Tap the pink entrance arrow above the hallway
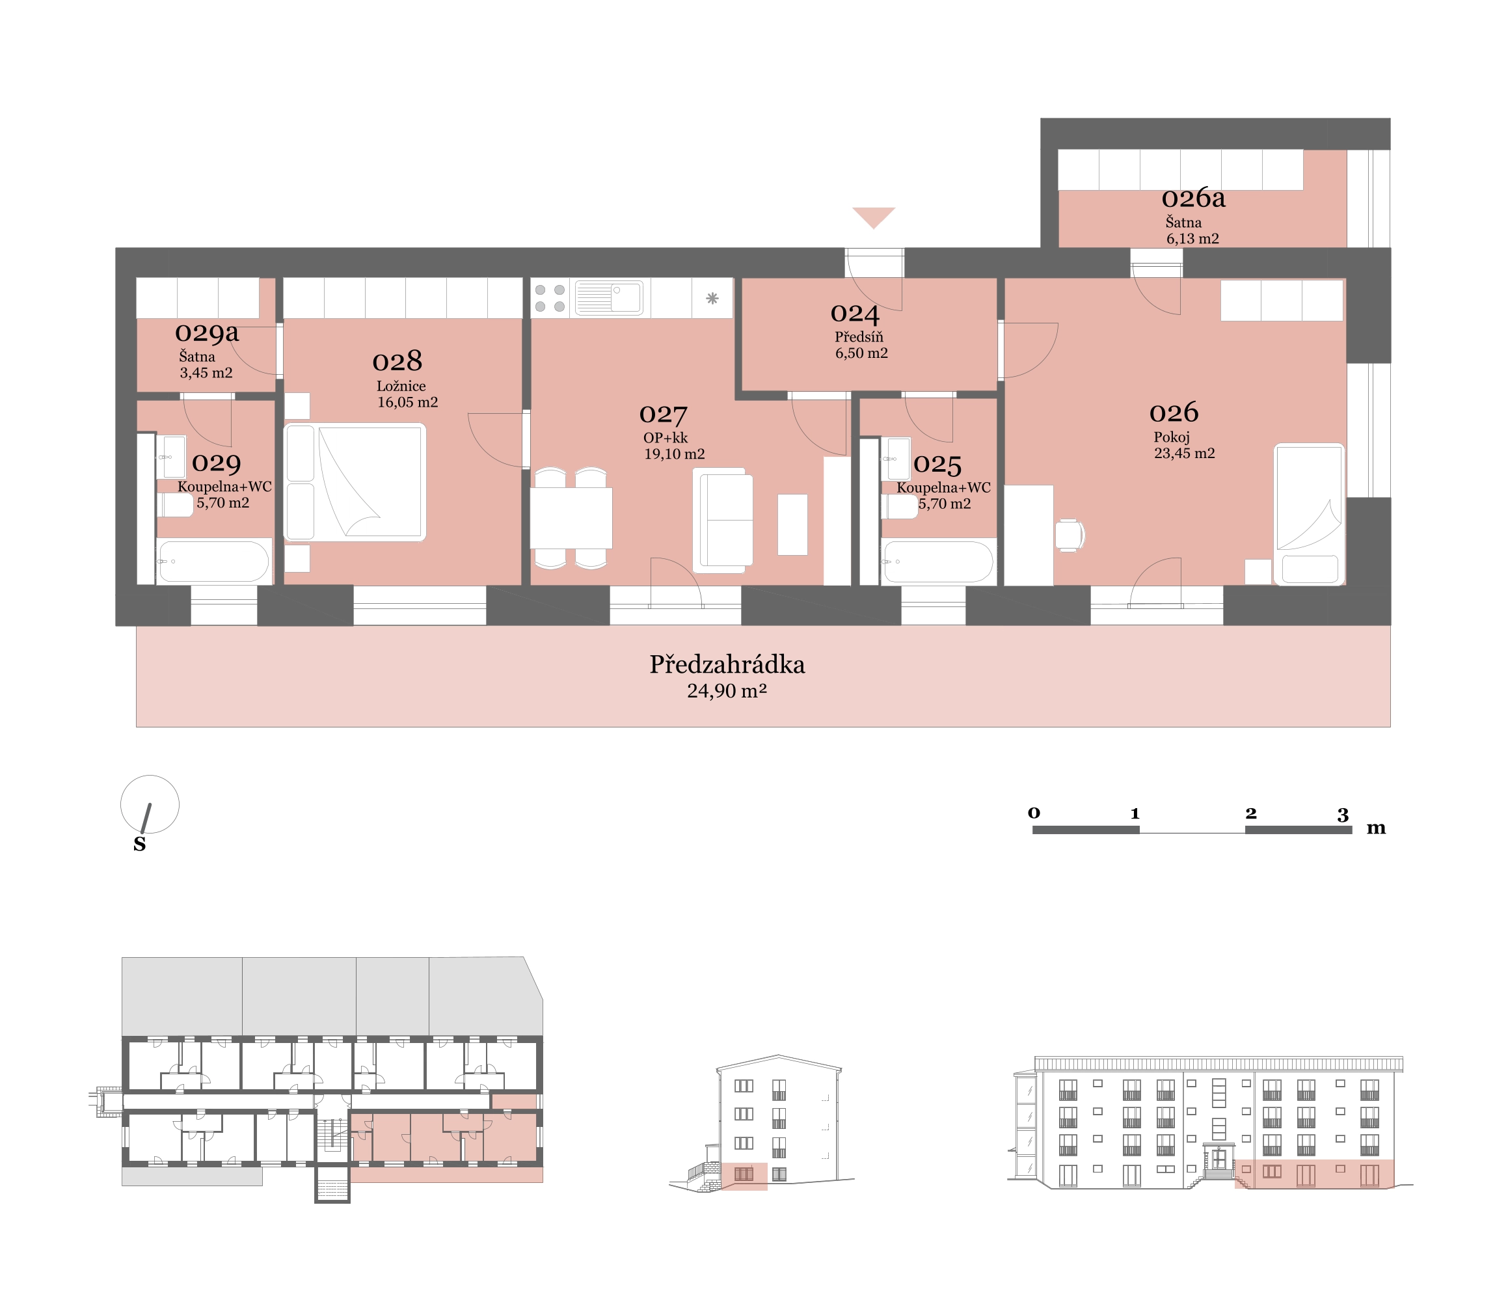point(873,217)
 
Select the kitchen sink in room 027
point(608,297)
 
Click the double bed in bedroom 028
point(355,481)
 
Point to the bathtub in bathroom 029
point(214,561)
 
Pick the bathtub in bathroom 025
point(937,561)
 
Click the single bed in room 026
point(1308,514)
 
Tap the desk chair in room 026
point(1070,535)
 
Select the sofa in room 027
point(723,520)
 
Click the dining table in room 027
point(571,517)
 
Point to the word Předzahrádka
point(727,664)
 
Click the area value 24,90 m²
point(727,690)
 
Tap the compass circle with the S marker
point(150,804)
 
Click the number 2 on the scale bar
point(1250,813)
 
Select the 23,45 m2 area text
point(1184,454)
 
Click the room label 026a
point(1194,198)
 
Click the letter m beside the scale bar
point(1375,828)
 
